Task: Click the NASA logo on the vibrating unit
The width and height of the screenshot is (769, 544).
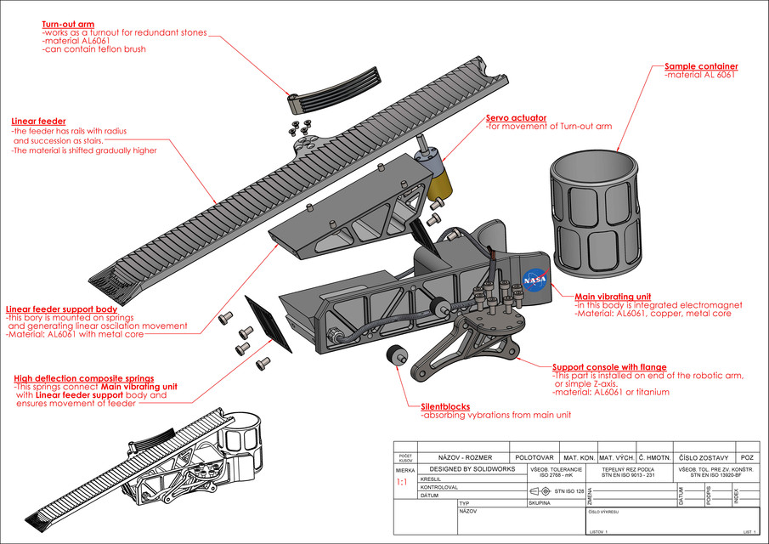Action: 534,279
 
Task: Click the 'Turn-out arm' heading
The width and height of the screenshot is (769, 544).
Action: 68,25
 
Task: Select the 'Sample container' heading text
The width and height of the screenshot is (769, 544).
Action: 701,66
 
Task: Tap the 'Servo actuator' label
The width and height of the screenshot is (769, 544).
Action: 516,117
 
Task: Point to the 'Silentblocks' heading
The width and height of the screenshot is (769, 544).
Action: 445,406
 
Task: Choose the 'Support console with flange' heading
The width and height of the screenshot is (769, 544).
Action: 609,367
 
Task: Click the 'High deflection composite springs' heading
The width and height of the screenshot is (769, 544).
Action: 84,378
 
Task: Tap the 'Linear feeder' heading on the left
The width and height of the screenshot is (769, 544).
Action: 38,122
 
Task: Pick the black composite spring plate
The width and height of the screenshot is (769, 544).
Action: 268,323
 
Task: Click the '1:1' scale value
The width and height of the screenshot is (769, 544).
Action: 402,482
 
